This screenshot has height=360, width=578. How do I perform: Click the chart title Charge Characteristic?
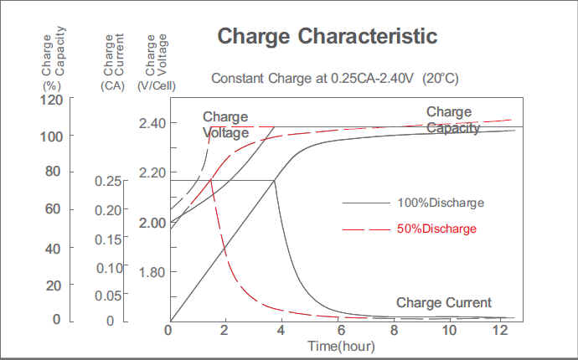pyautogui.click(x=327, y=37)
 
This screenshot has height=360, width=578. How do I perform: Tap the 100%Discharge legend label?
pyautogui.click(x=441, y=203)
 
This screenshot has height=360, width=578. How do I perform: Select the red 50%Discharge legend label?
pyautogui.click(x=436, y=229)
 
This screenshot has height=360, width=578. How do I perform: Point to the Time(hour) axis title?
pyautogui.click(x=341, y=346)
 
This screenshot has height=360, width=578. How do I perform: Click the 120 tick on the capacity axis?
pyautogui.click(x=51, y=100)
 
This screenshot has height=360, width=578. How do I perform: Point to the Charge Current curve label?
pyautogui.click(x=443, y=302)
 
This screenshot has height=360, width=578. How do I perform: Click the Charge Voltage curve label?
pyautogui.click(x=226, y=125)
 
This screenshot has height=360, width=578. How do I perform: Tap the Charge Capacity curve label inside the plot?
pyautogui.click(x=452, y=120)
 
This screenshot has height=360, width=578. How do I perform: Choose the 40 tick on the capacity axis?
pyautogui.click(x=51, y=249)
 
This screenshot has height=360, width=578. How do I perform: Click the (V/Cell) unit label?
pyautogui.click(x=154, y=85)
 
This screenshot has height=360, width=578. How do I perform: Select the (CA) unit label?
pyautogui.click(x=112, y=85)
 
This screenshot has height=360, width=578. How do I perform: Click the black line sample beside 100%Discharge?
pyautogui.click(x=365, y=203)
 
